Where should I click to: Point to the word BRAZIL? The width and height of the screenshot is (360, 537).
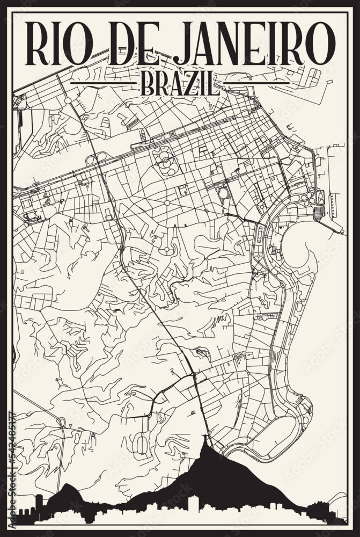(x=179, y=84)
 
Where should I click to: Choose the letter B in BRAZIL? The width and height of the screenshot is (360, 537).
(x=146, y=84)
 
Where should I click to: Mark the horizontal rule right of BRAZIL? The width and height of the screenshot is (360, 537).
(x=255, y=84)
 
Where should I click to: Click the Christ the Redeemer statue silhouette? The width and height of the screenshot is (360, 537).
(x=207, y=446)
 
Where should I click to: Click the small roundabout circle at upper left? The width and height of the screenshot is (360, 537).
(x=68, y=100)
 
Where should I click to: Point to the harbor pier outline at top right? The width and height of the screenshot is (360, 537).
(x=306, y=86)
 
